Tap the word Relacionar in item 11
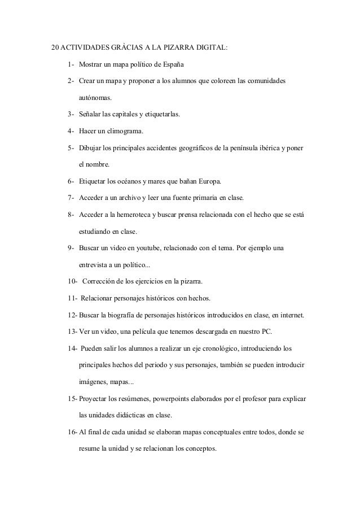pos(99,298)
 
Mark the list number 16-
pos(72,433)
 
